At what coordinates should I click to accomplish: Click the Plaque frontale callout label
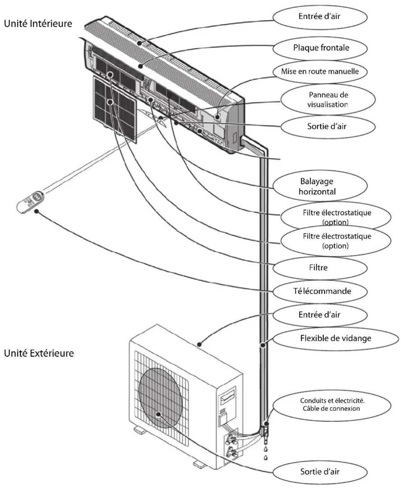coord(321,48)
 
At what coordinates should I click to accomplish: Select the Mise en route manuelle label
coord(320,71)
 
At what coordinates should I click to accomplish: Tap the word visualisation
coord(328,104)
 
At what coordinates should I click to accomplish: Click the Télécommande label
coord(322,291)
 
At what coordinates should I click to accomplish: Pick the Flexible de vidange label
coord(335,338)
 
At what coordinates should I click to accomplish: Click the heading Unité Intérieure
coord(38,24)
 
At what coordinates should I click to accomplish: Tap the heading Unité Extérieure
coord(39,353)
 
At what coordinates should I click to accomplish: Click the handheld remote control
coord(30,201)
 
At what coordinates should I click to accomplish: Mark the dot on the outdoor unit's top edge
coord(200,344)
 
